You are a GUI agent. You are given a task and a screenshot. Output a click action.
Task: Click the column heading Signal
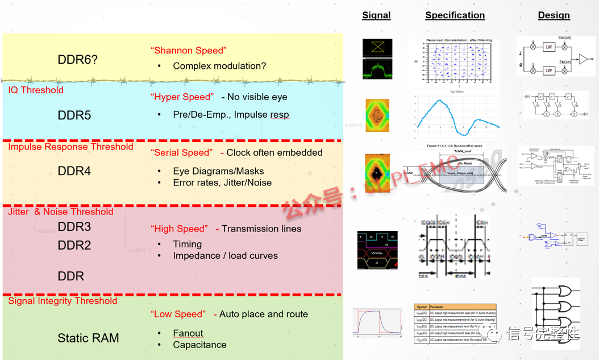[376, 15]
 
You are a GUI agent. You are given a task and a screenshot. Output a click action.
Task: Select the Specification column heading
[455, 15]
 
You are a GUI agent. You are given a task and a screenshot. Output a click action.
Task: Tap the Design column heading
[554, 15]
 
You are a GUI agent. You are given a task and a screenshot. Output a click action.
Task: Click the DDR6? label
[77, 60]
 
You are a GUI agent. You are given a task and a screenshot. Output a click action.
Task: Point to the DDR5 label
[74, 115]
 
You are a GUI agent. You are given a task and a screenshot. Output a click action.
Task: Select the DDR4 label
[74, 171]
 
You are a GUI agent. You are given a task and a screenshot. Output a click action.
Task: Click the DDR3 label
[74, 227]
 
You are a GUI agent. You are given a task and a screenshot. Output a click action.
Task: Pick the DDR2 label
[74, 246]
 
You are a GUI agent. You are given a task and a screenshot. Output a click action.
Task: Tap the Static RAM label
[88, 338]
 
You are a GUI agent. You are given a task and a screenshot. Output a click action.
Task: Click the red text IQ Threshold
[36, 90]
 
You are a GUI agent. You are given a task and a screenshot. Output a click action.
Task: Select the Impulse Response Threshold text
[70, 147]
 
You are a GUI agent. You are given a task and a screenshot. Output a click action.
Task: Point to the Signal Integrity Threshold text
[63, 301]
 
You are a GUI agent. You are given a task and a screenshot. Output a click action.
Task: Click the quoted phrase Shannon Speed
[189, 51]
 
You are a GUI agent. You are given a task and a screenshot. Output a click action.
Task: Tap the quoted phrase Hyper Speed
[182, 97]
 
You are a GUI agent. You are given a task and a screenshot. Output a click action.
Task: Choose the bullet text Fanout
[188, 333]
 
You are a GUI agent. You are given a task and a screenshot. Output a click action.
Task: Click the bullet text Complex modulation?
[219, 66]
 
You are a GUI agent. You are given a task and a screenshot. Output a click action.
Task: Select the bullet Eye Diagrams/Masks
[218, 171]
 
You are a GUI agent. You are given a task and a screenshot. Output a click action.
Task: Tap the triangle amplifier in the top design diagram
[584, 59]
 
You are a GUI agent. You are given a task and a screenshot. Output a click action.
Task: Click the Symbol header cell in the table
[421, 307]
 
